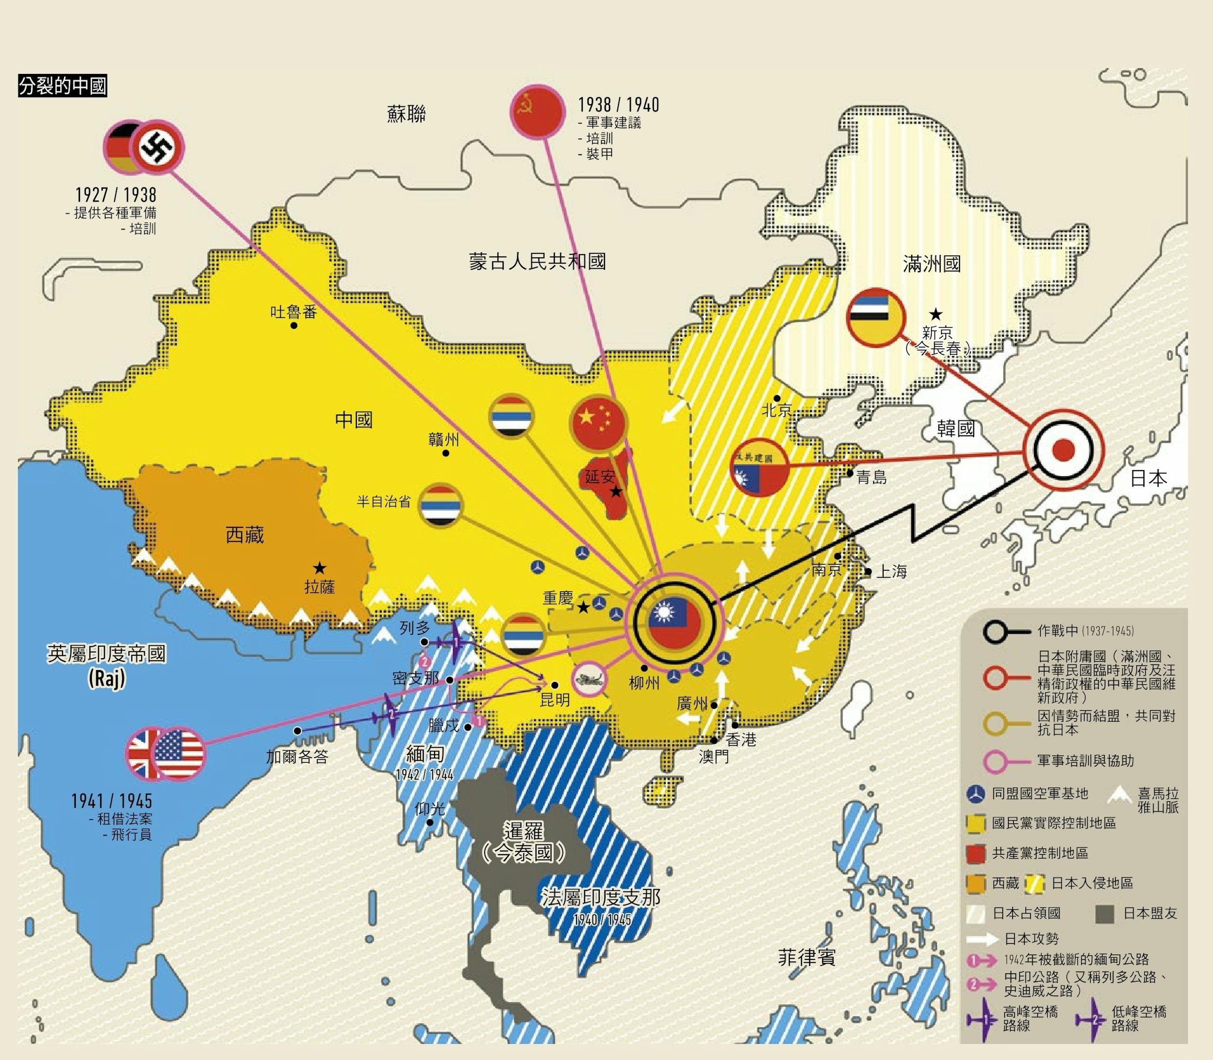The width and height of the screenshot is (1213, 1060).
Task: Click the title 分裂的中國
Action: coord(62,86)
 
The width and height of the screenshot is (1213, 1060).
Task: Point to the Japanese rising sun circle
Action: coord(1063,450)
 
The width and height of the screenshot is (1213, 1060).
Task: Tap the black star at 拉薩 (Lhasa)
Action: coord(319,569)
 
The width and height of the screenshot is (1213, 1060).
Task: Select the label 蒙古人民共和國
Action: coord(537,262)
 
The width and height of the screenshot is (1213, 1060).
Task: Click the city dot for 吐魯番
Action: coord(294,326)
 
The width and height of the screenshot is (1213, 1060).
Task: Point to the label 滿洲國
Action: coord(932,264)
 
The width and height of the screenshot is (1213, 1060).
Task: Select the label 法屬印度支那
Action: coord(600,897)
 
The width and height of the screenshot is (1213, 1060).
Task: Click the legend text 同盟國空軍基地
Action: coord(1039,794)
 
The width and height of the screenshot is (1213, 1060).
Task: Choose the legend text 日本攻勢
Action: coord(1031,939)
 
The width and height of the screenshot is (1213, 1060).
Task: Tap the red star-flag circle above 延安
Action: coord(598,422)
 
